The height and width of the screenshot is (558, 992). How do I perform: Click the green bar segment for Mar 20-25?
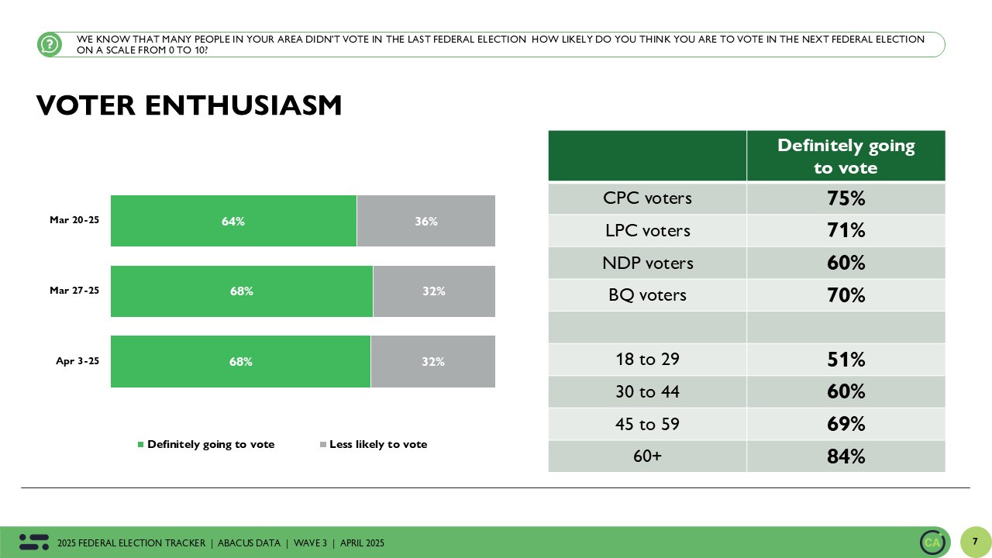(233, 221)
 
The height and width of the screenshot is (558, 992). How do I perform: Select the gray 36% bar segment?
(425, 221)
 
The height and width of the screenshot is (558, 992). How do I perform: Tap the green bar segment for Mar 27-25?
(241, 291)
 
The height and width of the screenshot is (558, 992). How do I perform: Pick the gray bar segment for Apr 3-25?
(432, 361)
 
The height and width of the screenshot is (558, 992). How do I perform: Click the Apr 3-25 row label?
(77, 361)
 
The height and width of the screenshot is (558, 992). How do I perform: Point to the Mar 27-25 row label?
(74, 291)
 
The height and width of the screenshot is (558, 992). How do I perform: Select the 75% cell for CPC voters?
(846, 198)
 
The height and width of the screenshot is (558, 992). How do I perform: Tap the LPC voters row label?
(647, 231)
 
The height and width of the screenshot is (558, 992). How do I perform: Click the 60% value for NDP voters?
(846, 263)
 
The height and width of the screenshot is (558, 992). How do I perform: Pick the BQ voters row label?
(647, 295)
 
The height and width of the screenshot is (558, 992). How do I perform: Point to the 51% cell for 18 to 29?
(846, 360)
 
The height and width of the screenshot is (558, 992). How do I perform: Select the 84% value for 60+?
(846, 456)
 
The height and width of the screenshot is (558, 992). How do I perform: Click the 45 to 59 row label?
(647, 424)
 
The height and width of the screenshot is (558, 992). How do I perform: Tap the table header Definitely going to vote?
(846, 157)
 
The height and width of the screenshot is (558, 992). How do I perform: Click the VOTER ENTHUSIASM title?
(189, 105)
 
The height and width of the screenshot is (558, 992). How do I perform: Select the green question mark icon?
(50, 45)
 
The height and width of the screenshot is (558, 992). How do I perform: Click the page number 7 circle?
(975, 542)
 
